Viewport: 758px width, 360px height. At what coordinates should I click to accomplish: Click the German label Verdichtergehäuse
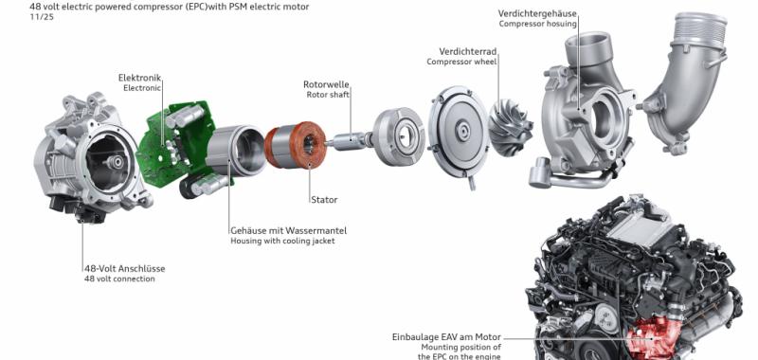pos(537,13)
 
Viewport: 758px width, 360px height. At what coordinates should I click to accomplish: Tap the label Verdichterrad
pos(467,51)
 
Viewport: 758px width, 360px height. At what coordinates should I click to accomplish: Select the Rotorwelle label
pos(326,84)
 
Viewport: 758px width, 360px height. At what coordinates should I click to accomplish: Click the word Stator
pos(324,200)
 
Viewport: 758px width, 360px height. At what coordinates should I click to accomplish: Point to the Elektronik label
pos(139,78)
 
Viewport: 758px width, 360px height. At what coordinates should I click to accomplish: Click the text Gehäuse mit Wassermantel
pos(289,230)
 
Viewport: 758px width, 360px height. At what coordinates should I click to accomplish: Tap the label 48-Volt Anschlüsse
pos(125,269)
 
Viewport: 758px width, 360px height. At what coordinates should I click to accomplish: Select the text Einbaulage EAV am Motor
pos(446,337)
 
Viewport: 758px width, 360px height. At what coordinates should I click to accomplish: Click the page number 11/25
pos(41,16)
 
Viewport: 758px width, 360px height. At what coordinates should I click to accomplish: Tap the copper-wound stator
pos(296,145)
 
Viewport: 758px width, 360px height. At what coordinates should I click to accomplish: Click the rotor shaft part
pos(349,140)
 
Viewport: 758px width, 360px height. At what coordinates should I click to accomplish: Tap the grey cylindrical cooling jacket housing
pos(235,151)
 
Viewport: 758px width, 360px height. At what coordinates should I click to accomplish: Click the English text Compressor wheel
pos(461,62)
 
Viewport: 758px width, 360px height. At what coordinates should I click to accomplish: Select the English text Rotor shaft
pos(328,95)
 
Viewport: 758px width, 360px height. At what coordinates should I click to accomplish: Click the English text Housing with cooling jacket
pos(282,241)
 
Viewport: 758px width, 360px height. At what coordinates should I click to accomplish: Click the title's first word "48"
pos(35,7)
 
